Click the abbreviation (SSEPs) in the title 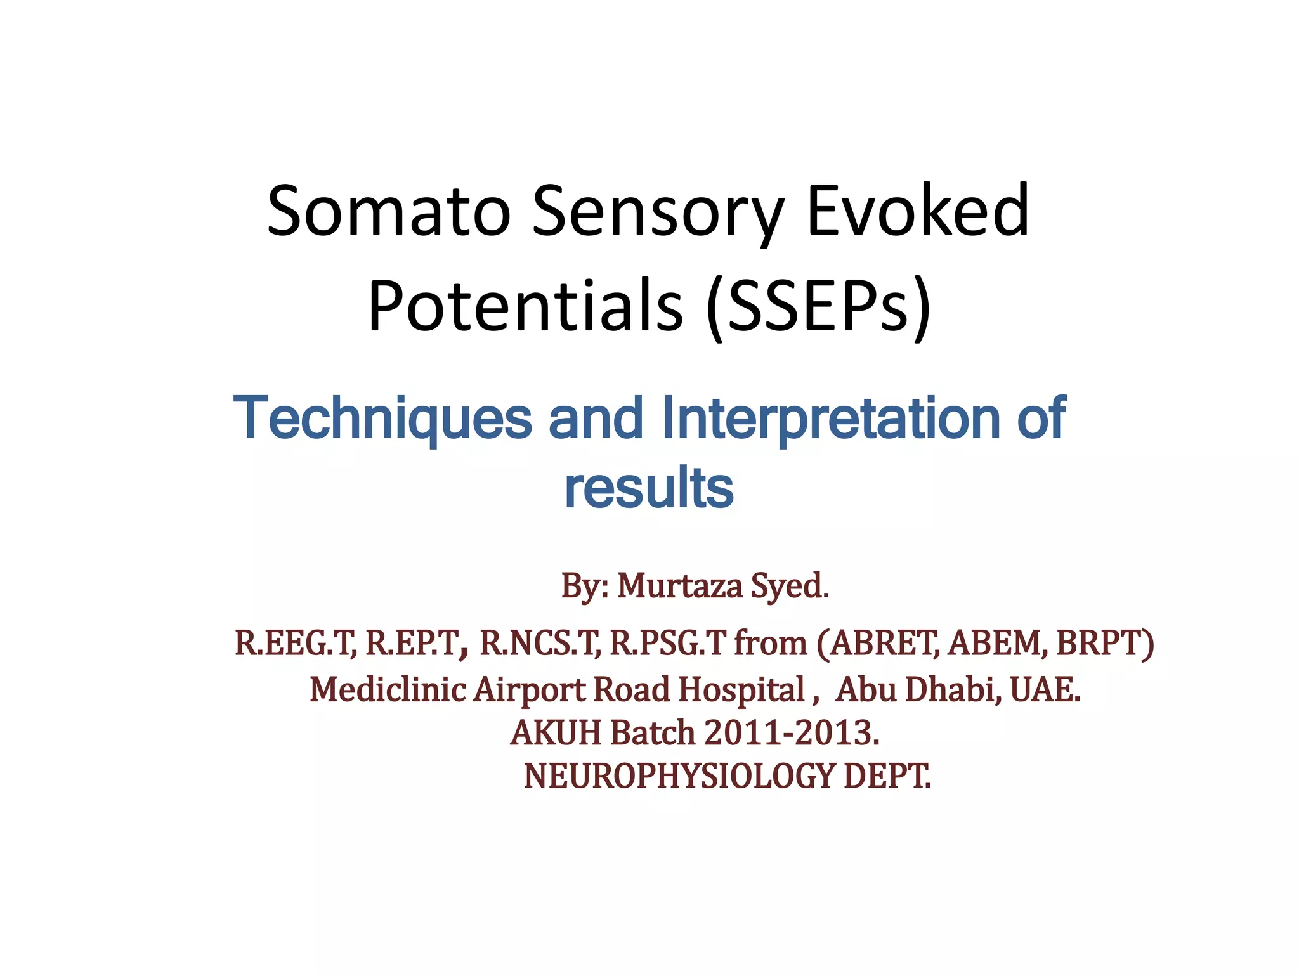click(818, 308)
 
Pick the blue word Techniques click(383, 419)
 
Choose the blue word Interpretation click(831, 419)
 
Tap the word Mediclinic click(388, 689)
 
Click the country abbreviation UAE click(1044, 689)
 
